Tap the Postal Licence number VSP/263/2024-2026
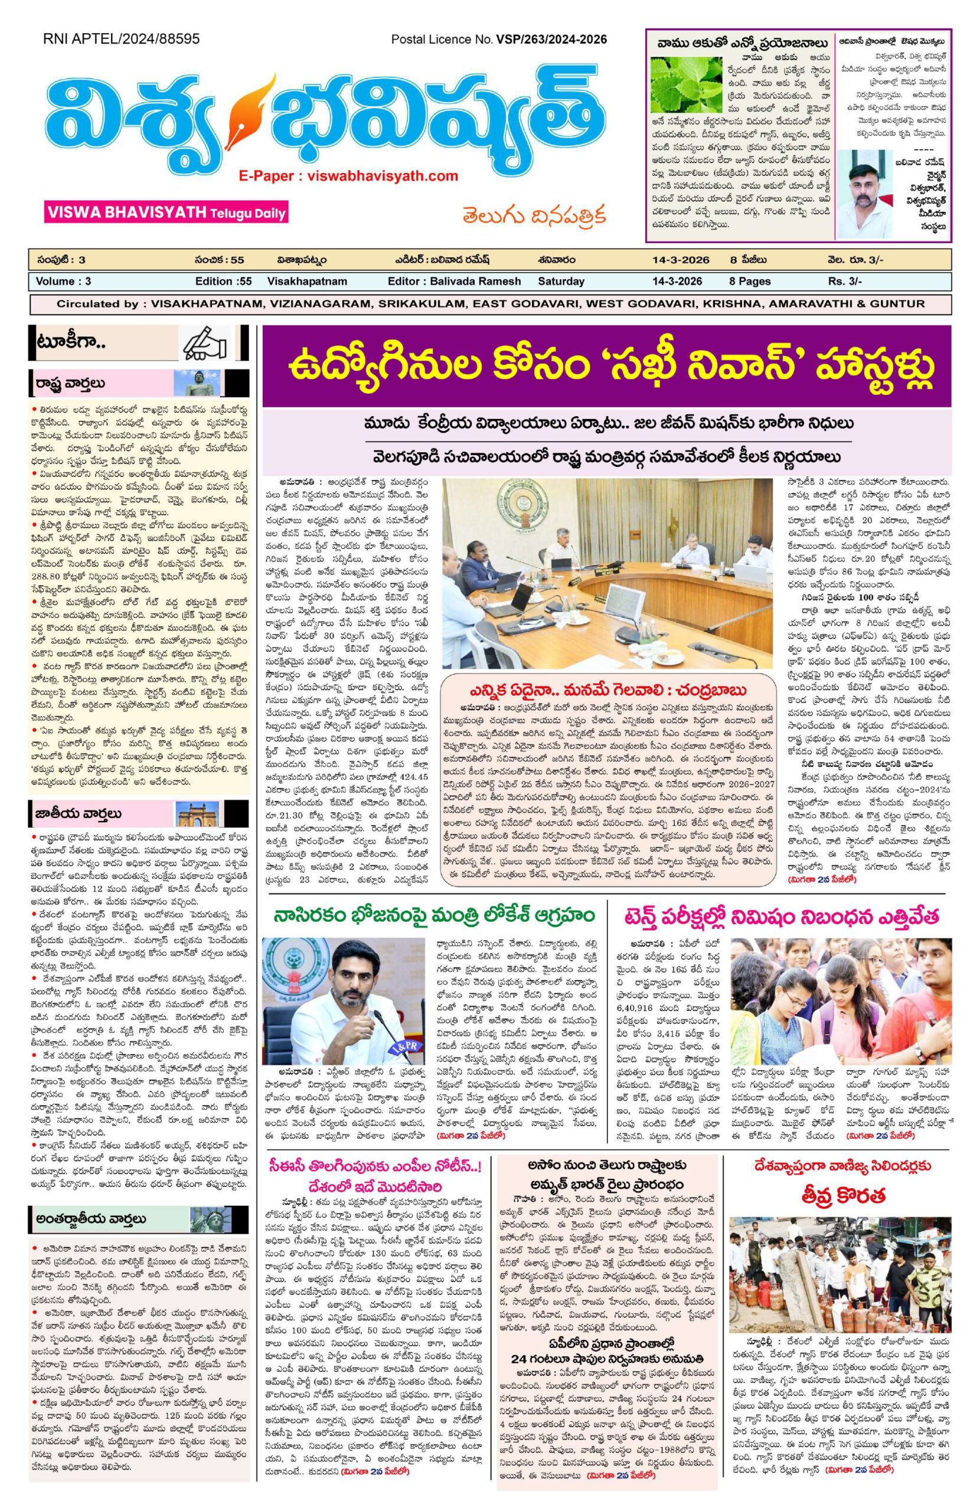tap(550, 40)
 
